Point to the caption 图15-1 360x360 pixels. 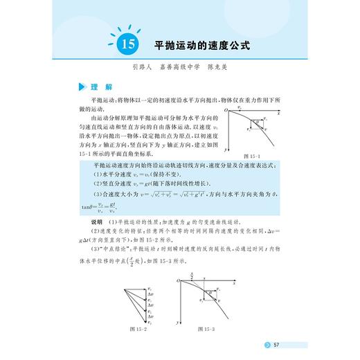(253, 156)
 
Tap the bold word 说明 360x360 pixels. (96, 221)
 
